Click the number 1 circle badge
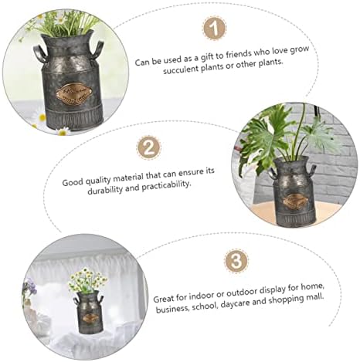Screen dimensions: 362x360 [x=214, y=30]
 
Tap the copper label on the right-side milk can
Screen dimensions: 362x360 [x=295, y=199]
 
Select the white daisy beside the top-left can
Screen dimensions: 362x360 [x=40, y=119]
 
